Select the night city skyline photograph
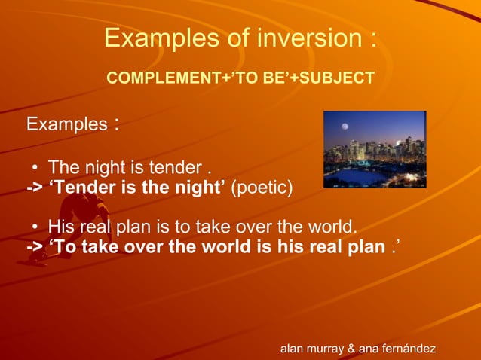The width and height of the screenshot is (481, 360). click(x=375, y=149)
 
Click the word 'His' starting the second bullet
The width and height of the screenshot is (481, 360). click(x=63, y=227)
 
